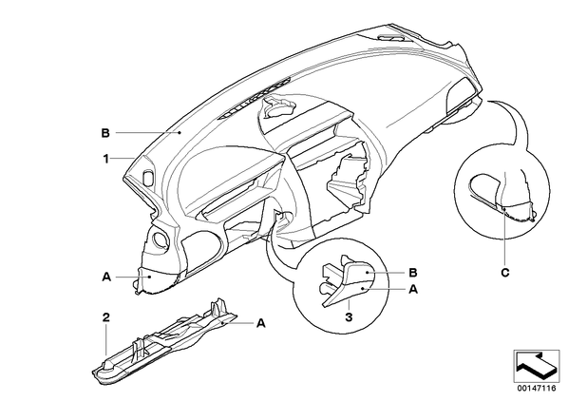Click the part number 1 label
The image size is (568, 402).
(x=105, y=159)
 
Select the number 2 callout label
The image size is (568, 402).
(x=105, y=317)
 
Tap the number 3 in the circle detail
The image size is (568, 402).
(x=349, y=317)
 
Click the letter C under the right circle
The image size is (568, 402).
(x=505, y=272)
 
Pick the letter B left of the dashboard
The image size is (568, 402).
(x=105, y=133)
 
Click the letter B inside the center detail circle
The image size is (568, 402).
(x=413, y=272)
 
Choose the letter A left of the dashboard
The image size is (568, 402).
(x=106, y=277)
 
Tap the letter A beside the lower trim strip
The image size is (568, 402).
(x=261, y=322)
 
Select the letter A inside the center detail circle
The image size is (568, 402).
(x=413, y=289)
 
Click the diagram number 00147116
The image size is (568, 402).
(x=537, y=389)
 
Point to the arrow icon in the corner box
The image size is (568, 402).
(x=537, y=366)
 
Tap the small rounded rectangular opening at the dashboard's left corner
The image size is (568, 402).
(x=148, y=177)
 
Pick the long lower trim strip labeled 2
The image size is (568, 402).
(x=165, y=342)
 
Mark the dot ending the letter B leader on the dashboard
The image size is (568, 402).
(x=180, y=133)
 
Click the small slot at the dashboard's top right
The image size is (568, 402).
(x=390, y=37)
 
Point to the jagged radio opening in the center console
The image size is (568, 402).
(x=349, y=178)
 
